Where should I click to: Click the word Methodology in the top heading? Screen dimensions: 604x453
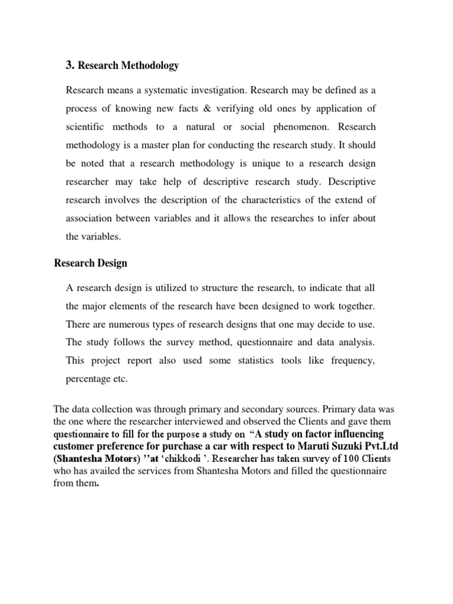(x=149, y=65)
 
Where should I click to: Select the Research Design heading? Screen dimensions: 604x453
(x=90, y=263)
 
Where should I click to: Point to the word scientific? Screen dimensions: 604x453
(x=86, y=127)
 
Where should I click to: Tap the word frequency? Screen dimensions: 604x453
(x=352, y=360)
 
